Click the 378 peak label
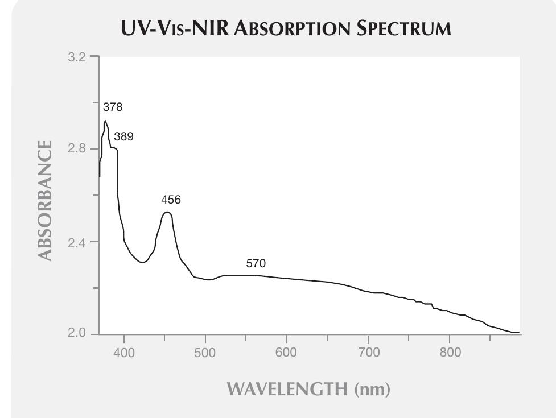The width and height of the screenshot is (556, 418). click(113, 107)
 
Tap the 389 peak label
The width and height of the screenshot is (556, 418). click(123, 136)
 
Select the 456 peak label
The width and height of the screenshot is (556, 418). click(170, 200)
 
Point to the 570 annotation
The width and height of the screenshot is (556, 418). click(256, 263)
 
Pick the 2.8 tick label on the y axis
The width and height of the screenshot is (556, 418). click(79, 149)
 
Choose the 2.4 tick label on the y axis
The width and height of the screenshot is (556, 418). click(79, 242)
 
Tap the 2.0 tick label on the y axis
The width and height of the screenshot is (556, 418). click(79, 334)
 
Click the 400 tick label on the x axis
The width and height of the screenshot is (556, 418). click(124, 353)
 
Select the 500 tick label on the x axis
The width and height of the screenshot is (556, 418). click(205, 353)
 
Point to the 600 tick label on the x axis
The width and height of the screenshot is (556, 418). click(286, 353)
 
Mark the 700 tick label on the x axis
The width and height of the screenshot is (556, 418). click(368, 353)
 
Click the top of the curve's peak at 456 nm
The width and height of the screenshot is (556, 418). click(167, 212)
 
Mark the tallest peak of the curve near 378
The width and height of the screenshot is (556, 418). click(105, 121)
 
